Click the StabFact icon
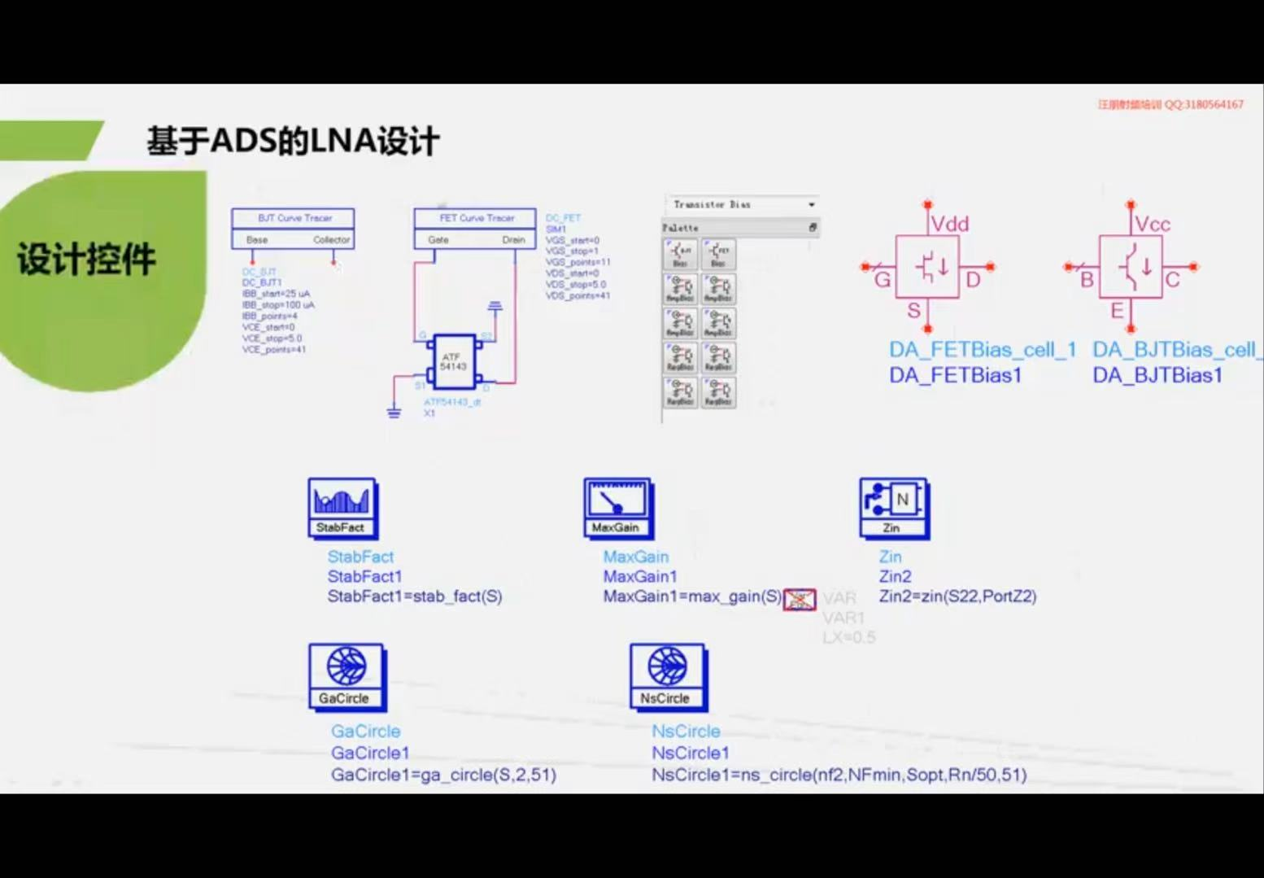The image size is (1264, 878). tap(342, 508)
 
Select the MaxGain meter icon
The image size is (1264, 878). tap(617, 508)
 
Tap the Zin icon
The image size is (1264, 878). tap(893, 508)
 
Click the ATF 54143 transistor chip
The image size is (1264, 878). tap(453, 362)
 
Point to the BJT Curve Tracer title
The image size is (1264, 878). tap(294, 218)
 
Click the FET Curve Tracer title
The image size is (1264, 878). tap(476, 218)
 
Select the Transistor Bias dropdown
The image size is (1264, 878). tap(742, 204)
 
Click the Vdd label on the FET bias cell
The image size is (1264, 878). tap(949, 224)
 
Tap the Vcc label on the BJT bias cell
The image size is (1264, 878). tap(1152, 224)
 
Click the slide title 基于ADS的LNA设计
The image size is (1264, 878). tap(293, 141)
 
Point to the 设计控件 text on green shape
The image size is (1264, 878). tap(86, 260)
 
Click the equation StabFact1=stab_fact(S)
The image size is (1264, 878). tap(414, 596)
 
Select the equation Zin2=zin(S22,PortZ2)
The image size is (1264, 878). tap(957, 596)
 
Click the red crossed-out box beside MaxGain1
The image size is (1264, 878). tap(799, 600)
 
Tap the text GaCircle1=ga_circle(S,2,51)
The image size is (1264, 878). tap(443, 775)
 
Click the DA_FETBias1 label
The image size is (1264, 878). tap(955, 375)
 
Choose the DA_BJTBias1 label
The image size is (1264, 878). tap(1157, 375)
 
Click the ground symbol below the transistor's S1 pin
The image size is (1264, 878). tap(394, 412)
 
